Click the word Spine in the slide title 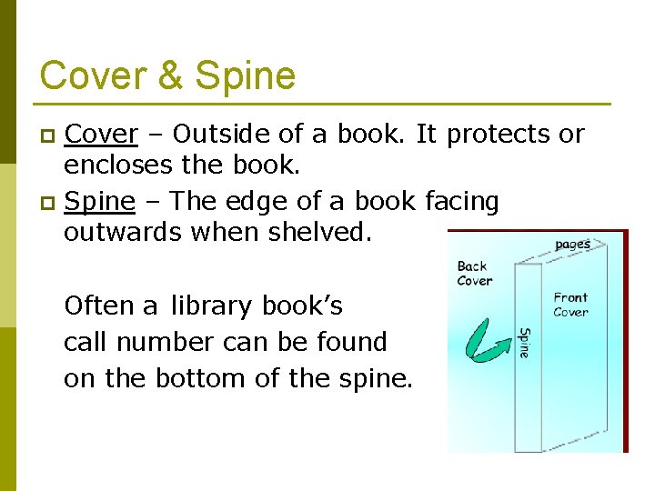(x=246, y=75)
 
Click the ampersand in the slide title (x=169, y=75)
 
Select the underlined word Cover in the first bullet (x=101, y=135)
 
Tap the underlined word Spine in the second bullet (x=101, y=201)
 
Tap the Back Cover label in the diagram (x=474, y=273)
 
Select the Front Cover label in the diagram (x=570, y=305)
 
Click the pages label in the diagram (x=572, y=244)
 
